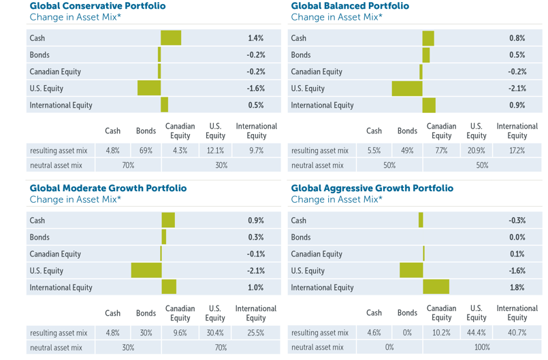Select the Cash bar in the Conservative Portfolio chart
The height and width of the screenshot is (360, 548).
(171, 37)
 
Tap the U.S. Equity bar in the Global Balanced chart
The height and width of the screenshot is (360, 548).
(407, 88)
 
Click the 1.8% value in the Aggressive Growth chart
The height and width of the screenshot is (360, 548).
(517, 288)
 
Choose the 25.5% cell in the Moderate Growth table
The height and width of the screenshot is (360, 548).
(256, 333)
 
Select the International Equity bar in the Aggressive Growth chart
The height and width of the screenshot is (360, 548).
(436, 288)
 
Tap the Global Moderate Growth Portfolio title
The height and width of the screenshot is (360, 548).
(99, 188)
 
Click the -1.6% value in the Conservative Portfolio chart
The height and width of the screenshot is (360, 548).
(255, 88)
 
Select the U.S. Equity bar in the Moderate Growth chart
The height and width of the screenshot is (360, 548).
(146, 271)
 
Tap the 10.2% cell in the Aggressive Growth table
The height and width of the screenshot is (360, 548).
(441, 333)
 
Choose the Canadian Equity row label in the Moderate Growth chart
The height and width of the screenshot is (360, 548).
(56, 254)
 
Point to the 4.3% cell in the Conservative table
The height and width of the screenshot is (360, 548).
(180, 150)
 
